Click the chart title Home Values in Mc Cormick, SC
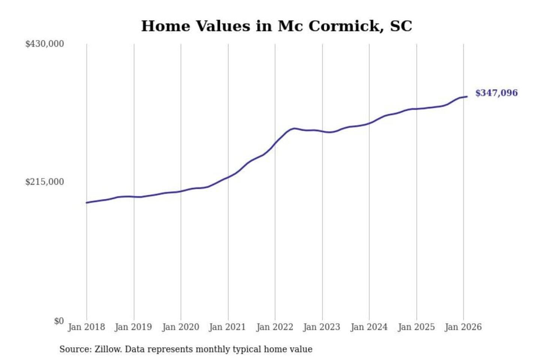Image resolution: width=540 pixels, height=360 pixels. point(276,26)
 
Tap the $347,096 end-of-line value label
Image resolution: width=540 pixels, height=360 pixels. point(496,93)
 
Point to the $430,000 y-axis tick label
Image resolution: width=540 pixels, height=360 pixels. point(45,44)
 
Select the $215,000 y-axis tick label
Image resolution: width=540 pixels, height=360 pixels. point(45,182)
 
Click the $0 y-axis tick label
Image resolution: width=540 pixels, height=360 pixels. point(59,321)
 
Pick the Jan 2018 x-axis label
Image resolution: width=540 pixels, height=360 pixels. point(86,327)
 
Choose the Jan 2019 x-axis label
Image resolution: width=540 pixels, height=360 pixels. point(133,327)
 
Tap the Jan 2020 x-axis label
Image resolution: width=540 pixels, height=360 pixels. point(180,327)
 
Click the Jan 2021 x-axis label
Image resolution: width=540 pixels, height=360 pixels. point(227,327)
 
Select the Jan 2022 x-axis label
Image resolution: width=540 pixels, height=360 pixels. point(274,327)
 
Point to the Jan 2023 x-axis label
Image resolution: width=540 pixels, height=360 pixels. point(321,327)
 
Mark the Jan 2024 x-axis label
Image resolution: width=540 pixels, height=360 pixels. point(369,327)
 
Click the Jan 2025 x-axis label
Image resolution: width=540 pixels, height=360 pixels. point(416,327)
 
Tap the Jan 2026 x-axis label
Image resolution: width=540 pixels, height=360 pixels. point(463,327)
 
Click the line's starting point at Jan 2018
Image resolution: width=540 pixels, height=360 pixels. point(87,202)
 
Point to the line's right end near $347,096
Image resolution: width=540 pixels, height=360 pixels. point(467,97)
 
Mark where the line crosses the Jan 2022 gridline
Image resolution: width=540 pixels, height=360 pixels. point(275,144)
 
